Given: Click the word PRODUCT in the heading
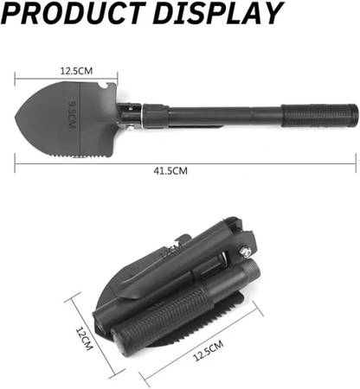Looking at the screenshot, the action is point(73,12).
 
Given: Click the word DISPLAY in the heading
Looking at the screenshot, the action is point(217,12).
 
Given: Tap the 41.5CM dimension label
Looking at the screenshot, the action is point(170,171).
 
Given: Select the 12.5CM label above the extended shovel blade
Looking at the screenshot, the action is point(76,71).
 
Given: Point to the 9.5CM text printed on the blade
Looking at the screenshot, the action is point(72,115).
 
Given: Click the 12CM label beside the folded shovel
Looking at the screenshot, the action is point(84,339).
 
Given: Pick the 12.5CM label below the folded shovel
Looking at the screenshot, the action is point(208,350).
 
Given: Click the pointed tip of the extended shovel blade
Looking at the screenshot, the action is point(16,118).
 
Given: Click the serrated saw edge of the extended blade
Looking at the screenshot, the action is point(82,156).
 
